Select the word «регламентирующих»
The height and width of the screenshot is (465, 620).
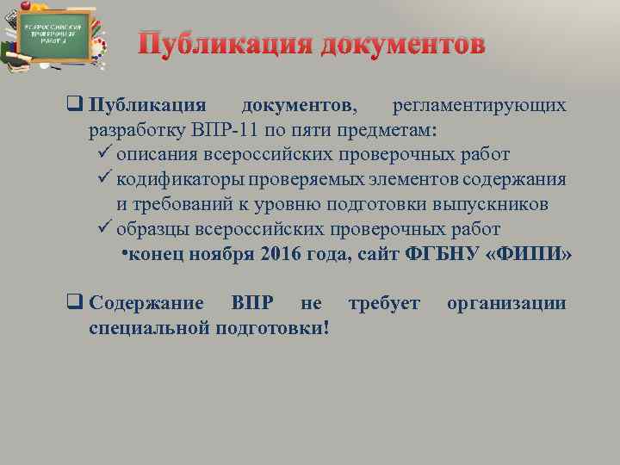[480, 105]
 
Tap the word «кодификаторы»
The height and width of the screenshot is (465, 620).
[181, 180]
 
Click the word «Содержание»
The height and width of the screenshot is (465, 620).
[146, 303]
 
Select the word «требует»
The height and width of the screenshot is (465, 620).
[383, 303]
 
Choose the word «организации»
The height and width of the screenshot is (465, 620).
[506, 303]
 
